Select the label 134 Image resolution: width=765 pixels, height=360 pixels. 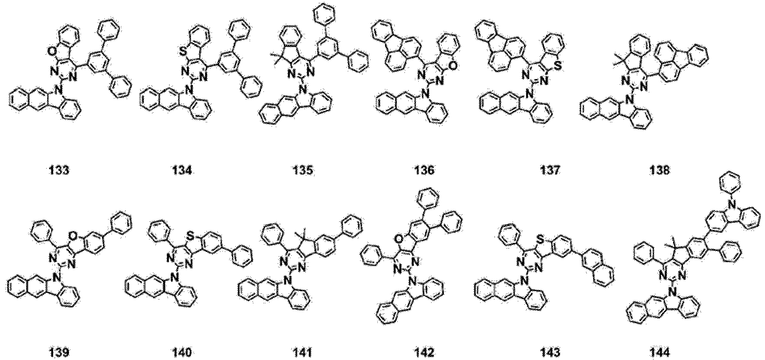[x=183, y=170]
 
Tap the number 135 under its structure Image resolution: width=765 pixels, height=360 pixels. [x=303, y=170]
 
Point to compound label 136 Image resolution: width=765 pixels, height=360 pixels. [x=424, y=170]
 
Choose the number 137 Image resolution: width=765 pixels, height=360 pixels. [x=544, y=170]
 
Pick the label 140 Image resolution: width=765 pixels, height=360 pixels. [x=183, y=352]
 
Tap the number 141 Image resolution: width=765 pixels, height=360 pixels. [x=303, y=352]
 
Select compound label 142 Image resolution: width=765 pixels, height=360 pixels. [x=424, y=352]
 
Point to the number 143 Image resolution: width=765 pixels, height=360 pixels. [x=544, y=352]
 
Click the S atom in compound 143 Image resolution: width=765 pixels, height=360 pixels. [x=553, y=225]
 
